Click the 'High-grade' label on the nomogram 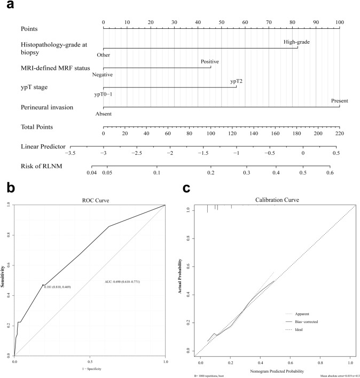click(296, 42)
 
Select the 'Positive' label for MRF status click(210, 61)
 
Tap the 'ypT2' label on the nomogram click(236, 81)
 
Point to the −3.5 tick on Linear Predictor click(71, 153)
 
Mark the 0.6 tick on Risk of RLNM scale click(330, 172)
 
